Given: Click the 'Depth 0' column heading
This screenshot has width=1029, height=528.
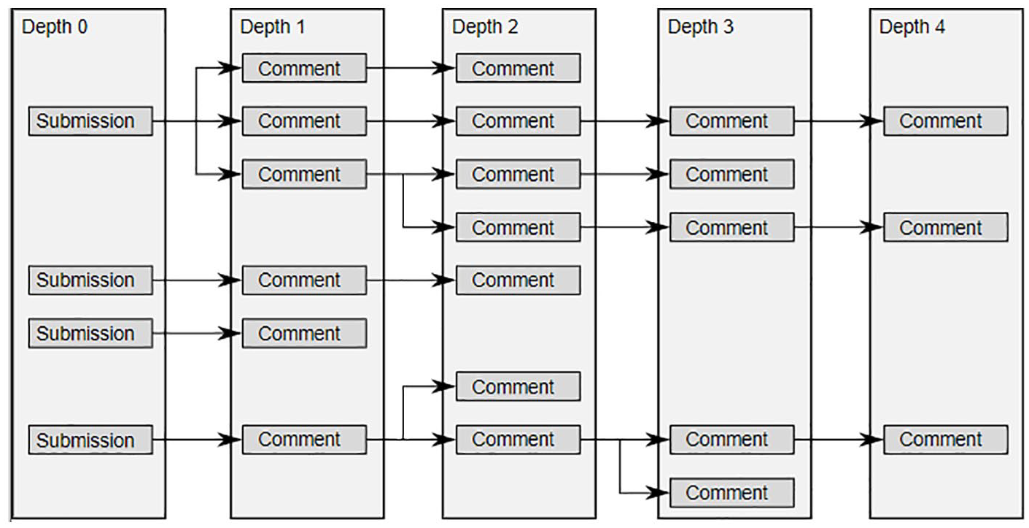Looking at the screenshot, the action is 55,27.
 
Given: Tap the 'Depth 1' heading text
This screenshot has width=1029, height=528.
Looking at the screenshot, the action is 273,27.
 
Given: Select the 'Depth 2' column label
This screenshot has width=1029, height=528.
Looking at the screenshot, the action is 485,27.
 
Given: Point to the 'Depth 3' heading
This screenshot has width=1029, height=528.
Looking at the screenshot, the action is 701,27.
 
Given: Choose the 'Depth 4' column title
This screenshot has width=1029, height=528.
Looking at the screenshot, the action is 912,27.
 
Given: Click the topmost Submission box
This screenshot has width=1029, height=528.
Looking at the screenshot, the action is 90,121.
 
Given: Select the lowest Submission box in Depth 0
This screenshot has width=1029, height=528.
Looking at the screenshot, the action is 90,440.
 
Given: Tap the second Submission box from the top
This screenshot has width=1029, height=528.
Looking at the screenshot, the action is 90,280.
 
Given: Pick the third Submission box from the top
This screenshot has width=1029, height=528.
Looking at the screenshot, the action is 90,334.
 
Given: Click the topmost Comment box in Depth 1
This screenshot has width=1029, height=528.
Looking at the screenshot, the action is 305,69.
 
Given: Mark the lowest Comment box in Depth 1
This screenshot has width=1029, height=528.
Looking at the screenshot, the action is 305,440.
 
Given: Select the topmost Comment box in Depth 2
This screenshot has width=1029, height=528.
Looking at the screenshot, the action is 519,69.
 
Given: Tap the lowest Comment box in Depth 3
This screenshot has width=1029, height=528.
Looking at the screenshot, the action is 731,493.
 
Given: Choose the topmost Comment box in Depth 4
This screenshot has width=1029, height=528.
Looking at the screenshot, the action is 946,121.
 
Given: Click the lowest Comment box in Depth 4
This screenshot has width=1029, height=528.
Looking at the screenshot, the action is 946,440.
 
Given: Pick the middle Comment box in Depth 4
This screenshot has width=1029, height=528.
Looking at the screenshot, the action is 946,227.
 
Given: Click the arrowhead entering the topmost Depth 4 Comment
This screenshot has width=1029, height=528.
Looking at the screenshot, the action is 872,121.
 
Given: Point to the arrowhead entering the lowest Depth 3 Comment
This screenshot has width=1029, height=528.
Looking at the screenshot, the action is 659,493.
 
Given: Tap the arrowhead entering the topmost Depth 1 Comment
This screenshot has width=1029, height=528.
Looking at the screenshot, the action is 230,69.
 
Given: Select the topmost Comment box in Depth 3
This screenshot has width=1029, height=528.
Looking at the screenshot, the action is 731,121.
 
